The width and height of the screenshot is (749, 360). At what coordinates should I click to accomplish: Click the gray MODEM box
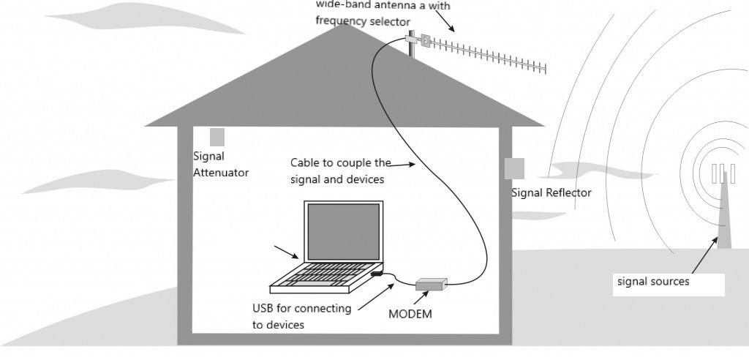click(431, 285)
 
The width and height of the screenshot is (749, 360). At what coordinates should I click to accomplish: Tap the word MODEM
click(410, 314)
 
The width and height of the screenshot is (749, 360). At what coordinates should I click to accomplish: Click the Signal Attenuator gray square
click(217, 137)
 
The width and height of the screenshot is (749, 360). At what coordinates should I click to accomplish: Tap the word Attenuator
click(221, 173)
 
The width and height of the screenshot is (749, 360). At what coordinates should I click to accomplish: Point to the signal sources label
click(653, 281)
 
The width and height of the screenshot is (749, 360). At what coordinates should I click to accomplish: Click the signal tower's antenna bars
click(723, 173)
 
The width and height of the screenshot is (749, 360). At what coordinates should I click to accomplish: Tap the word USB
click(263, 308)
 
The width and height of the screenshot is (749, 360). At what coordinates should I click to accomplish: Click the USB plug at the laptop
click(376, 274)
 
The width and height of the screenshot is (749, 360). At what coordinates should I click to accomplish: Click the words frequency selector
click(363, 21)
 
